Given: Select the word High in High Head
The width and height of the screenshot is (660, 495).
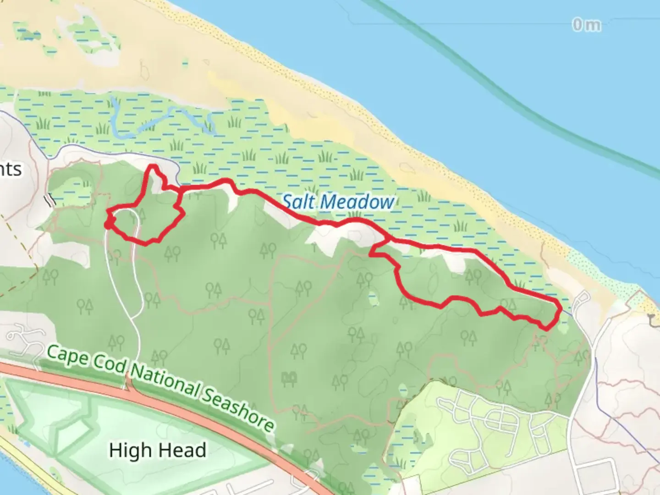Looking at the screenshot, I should (130, 451).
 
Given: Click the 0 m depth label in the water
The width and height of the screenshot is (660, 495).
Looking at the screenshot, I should (586, 25).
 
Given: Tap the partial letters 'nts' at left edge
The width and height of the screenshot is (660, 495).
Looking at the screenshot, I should (10, 169).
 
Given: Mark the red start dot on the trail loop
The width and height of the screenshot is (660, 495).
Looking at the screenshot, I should (109, 223).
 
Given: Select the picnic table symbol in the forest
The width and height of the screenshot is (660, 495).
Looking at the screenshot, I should (289, 379).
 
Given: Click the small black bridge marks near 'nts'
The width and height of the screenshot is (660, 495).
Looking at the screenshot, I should (50, 199).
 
